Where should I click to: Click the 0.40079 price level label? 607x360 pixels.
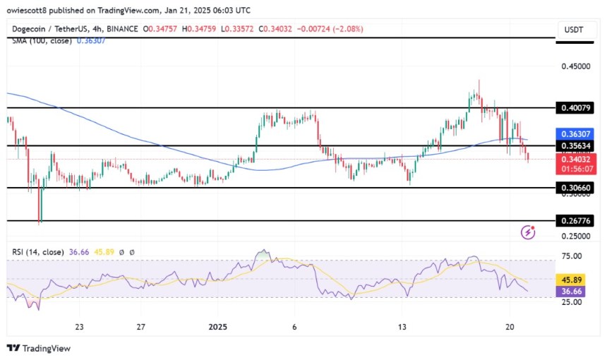click(579, 108)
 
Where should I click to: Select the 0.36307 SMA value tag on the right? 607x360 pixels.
click(579, 133)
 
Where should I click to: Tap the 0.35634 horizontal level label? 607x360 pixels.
click(579, 146)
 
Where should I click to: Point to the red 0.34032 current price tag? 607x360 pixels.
click(579, 160)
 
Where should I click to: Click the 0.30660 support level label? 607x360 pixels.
click(579, 188)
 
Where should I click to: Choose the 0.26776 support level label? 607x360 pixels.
click(579, 221)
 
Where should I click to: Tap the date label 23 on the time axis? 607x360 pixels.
click(80, 327)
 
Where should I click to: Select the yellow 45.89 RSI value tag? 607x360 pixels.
click(577, 278)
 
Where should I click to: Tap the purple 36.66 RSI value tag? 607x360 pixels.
click(577, 290)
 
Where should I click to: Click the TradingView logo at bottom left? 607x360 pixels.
click(39, 348)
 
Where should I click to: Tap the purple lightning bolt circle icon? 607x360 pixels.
click(527, 232)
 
